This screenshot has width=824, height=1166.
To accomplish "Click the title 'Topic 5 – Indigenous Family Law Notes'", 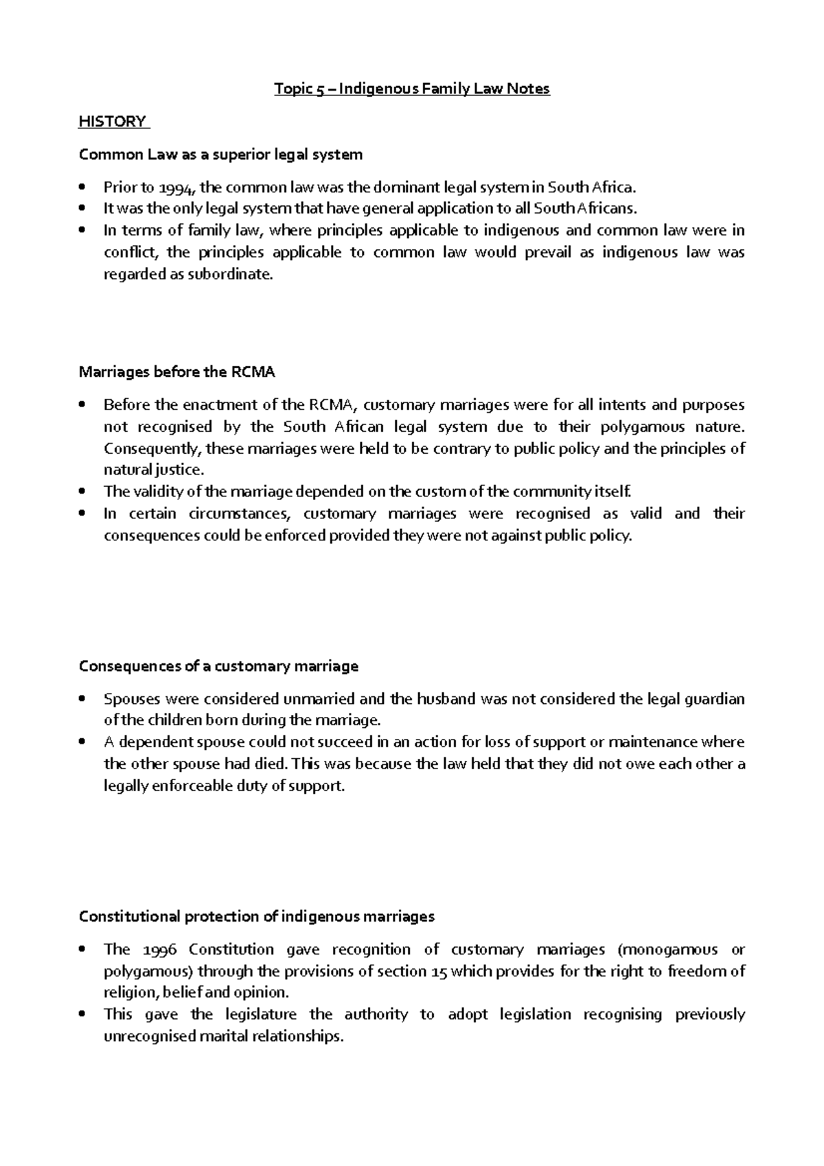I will tap(412, 89).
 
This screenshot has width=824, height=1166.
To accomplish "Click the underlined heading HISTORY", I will tap(113, 122).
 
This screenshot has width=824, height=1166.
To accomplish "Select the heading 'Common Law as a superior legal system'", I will tap(220, 155).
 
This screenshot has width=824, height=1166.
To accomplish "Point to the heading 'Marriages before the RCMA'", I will tap(176, 372).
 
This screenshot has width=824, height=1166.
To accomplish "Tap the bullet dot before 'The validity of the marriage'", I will tap(83, 492).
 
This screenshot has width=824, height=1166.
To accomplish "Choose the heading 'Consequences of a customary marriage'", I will tap(218, 666).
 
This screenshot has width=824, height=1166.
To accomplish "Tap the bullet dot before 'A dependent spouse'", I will tap(83, 742).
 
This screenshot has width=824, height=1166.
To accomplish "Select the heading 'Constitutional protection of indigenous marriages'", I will tap(257, 917).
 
